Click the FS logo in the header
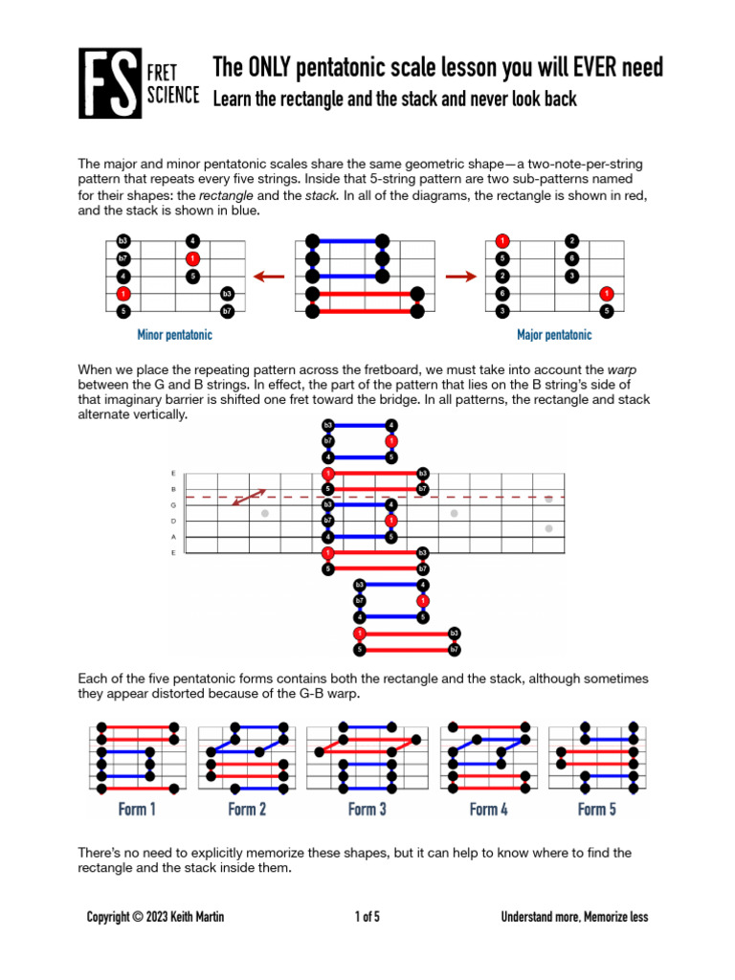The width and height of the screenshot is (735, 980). pos(109,84)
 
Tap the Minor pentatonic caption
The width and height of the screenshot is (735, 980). pos(175,336)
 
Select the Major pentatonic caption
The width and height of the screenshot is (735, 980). pos(554,335)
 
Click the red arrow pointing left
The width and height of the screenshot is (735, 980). pos(272,277)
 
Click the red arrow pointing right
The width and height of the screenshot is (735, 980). pos(461,277)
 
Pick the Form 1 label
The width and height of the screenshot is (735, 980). pos(137,810)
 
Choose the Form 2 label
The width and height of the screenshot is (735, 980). pos(247,810)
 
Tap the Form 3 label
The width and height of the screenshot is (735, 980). pos(367,810)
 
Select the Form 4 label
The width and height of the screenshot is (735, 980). pos(489,810)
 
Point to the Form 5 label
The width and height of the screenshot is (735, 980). pos(597,810)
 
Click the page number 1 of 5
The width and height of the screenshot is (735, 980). pos(367,917)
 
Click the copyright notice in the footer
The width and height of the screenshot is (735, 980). pos(156,917)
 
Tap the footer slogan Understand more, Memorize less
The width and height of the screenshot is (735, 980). pos(574,917)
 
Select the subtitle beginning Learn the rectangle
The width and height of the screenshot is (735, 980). pos(394,99)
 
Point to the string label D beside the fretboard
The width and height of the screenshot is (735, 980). pos(173,521)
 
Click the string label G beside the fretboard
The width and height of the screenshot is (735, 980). pos(173,504)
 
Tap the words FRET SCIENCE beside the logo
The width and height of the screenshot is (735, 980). pos(173,84)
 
